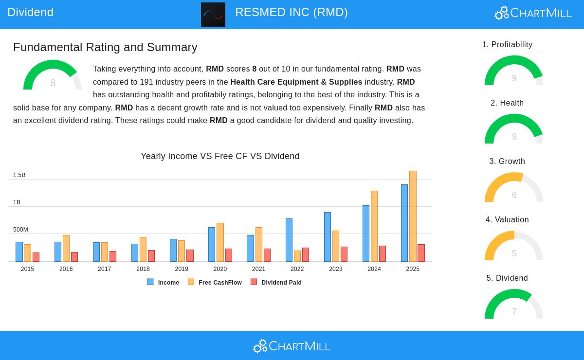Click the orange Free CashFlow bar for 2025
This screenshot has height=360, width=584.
(x=413, y=216)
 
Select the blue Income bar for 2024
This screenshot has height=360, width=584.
(x=366, y=234)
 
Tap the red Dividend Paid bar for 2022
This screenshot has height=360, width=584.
(x=306, y=254)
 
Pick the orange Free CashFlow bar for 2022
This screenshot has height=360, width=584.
(x=297, y=256)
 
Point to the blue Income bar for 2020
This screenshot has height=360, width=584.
(x=212, y=244)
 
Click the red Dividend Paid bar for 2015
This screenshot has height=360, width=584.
(x=36, y=257)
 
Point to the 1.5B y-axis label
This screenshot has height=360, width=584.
(x=19, y=175)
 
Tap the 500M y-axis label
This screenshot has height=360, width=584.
(x=20, y=230)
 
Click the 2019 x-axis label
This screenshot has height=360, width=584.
(x=182, y=269)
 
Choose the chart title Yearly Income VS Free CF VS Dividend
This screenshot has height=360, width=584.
(x=220, y=156)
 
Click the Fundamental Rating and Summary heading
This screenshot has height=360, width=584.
(x=105, y=47)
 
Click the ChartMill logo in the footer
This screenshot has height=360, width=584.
(x=292, y=346)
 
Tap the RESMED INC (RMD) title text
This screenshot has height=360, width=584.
(x=291, y=12)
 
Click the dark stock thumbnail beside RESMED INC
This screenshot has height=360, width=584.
(x=213, y=15)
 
